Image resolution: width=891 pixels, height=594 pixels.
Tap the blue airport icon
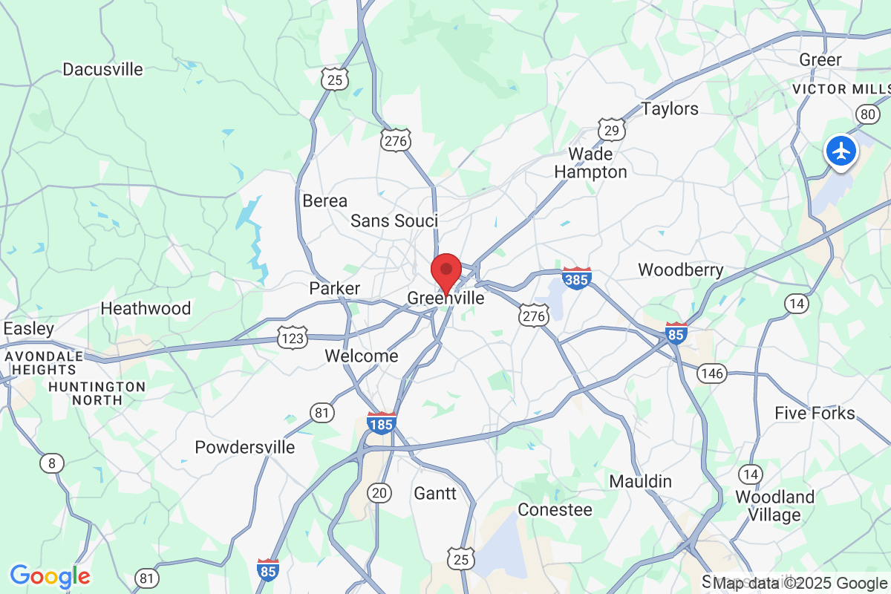click(x=841, y=151)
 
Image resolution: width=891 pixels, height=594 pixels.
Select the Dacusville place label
click(x=102, y=70)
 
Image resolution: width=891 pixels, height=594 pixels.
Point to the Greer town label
click(x=820, y=59)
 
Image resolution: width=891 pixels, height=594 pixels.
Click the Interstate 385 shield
click(x=577, y=278)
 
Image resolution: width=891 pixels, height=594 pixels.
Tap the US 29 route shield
click(x=611, y=131)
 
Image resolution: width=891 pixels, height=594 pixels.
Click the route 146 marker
click(x=711, y=373)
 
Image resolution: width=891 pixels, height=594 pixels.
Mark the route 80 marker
click(x=866, y=114)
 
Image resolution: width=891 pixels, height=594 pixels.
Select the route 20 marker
click(x=379, y=492)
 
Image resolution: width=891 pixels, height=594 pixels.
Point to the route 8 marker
click(x=51, y=464)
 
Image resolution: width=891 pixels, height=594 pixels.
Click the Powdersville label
click(x=244, y=447)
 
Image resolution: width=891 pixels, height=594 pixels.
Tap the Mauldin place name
click(x=640, y=481)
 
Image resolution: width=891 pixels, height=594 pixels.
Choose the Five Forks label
click(x=815, y=413)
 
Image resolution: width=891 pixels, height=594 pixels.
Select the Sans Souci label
click(x=394, y=221)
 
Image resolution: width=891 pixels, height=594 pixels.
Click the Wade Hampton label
click(x=597, y=163)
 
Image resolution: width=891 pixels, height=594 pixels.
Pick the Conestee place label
click(x=555, y=510)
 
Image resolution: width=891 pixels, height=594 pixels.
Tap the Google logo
click(x=50, y=575)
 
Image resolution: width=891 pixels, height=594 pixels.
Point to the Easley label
click(x=29, y=328)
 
